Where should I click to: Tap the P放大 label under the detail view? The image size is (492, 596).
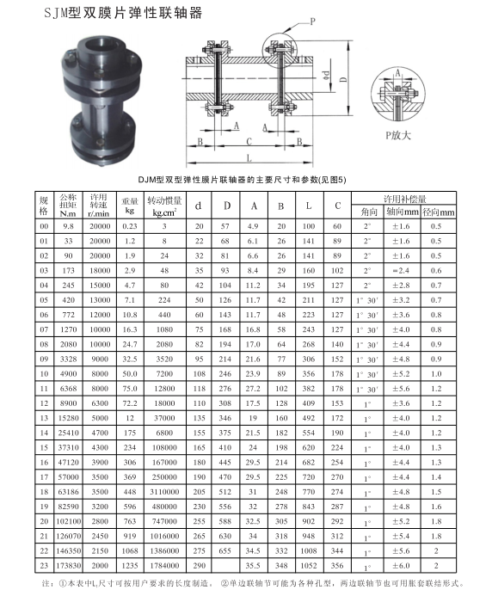tap(397, 136)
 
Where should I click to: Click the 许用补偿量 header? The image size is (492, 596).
tap(405, 197)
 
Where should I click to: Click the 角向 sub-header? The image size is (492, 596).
tap(369, 211)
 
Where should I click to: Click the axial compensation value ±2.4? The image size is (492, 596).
tap(404, 270)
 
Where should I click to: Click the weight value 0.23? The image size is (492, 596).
tap(130, 225)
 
